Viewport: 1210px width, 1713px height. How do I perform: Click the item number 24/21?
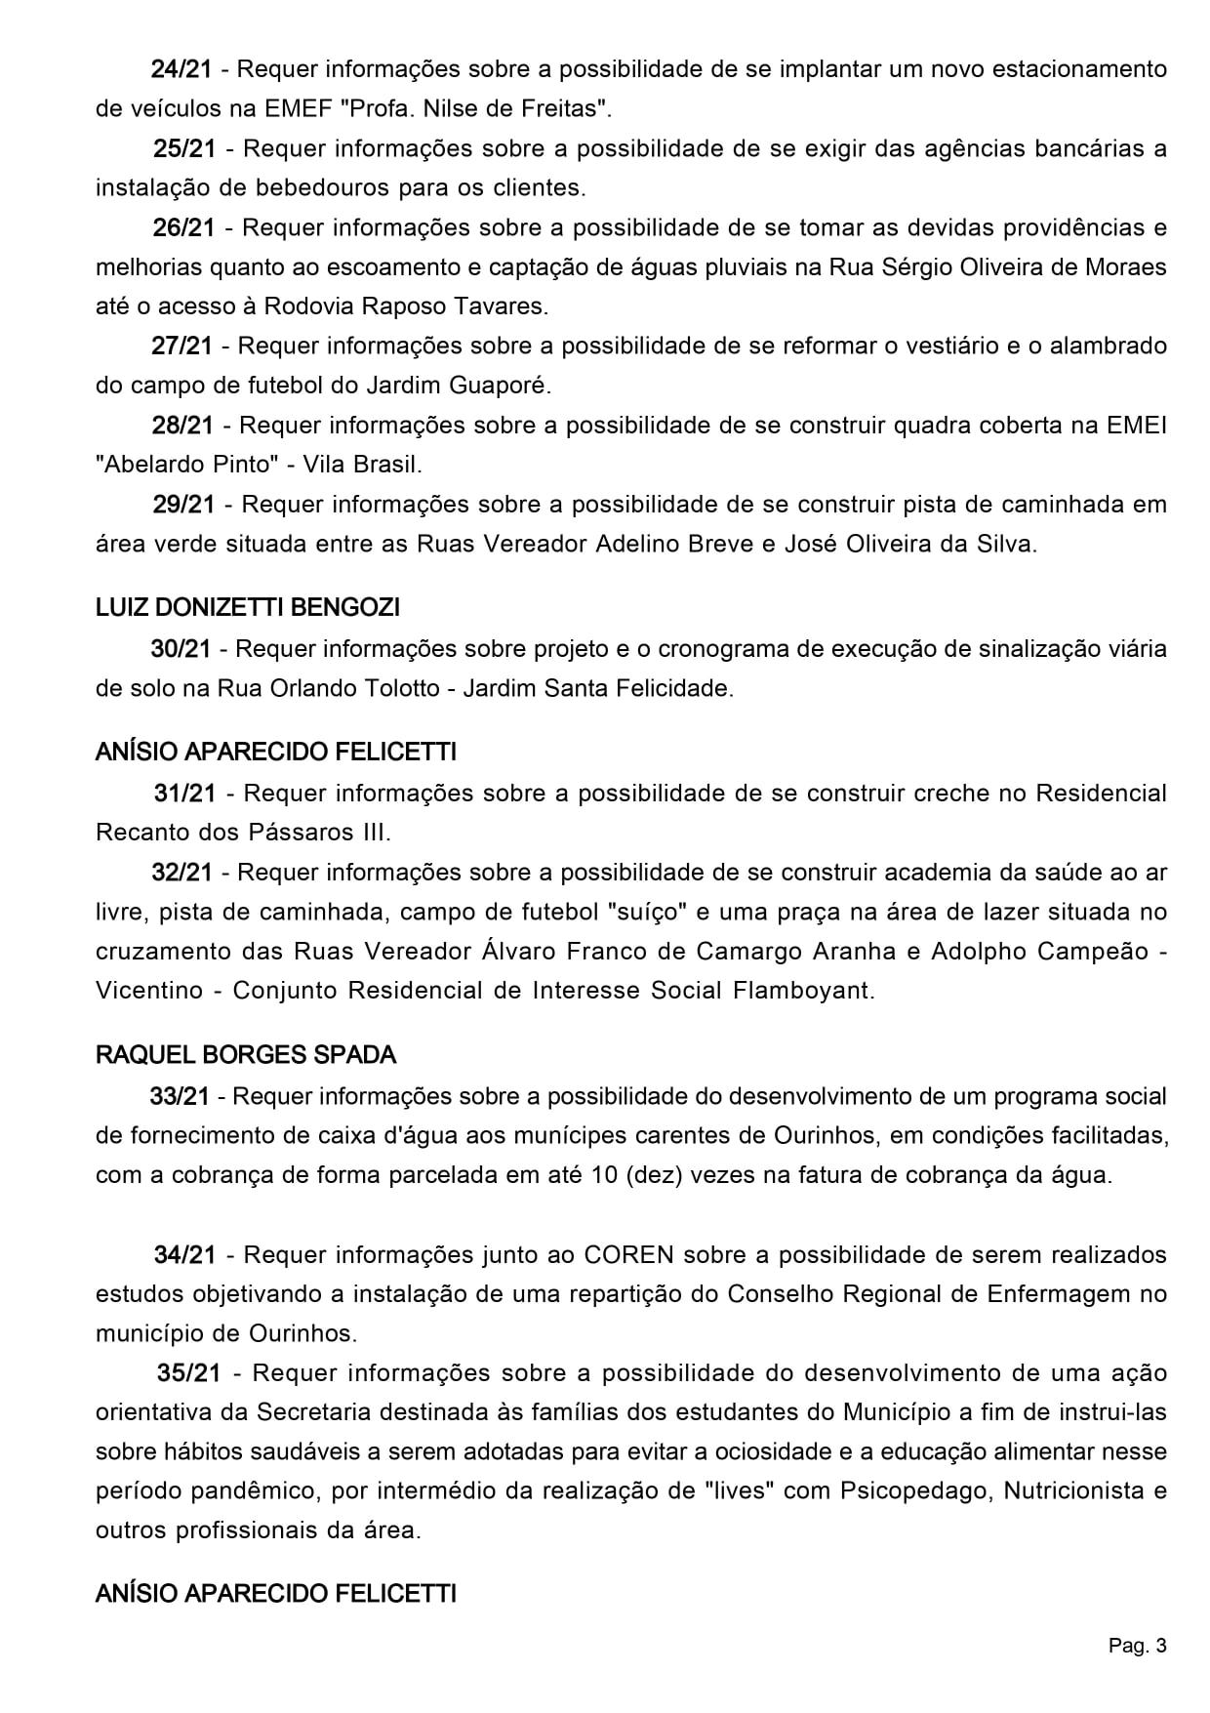tap(181, 69)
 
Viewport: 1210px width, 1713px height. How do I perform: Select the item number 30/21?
tap(181, 649)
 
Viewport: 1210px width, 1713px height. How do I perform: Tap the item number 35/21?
tap(189, 1373)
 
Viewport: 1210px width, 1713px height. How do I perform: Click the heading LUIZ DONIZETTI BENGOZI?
tap(248, 608)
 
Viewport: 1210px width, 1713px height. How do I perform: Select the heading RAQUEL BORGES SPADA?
tap(246, 1055)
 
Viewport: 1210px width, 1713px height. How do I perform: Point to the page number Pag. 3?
tap(1137, 1647)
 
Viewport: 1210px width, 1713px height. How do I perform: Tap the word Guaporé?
tap(499, 386)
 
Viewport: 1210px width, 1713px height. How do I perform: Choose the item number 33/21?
tap(180, 1096)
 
